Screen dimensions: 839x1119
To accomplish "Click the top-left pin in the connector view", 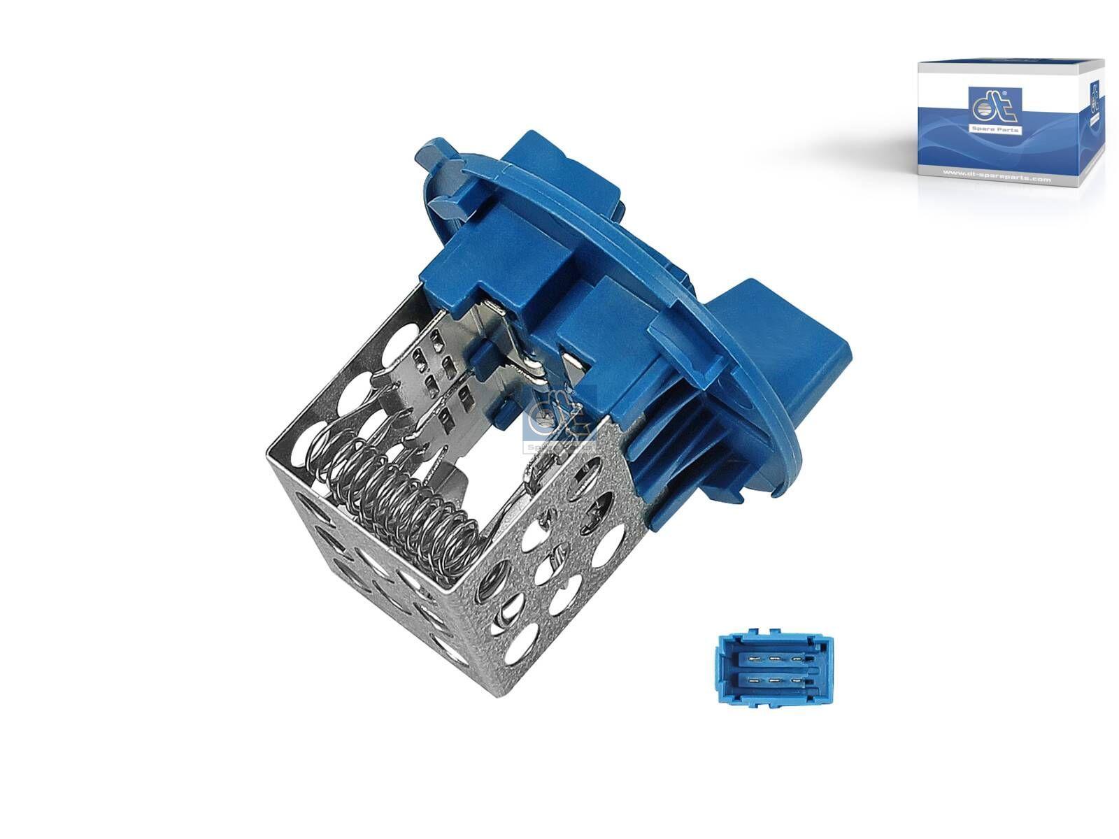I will [755, 659].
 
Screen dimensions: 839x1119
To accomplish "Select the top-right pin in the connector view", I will [797, 659].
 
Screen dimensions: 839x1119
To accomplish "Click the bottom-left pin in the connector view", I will [754, 680].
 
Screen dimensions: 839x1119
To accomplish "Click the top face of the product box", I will [1007, 67].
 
